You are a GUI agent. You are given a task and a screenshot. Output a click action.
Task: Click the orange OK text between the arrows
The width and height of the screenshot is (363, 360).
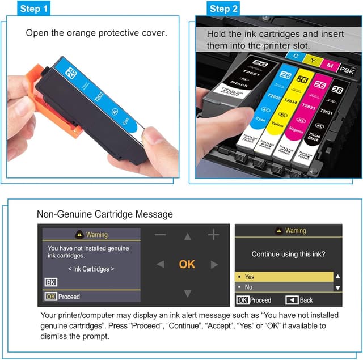187,264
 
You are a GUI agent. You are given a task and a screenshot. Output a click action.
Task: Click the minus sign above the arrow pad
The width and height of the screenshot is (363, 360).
161,234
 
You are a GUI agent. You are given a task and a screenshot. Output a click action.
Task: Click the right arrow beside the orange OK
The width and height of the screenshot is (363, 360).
214,264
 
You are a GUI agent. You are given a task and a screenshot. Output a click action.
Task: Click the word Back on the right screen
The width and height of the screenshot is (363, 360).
306,300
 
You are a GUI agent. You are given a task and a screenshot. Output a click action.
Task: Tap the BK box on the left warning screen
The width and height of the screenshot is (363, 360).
50,282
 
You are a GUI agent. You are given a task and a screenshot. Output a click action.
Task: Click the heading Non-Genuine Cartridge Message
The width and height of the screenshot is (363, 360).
105,214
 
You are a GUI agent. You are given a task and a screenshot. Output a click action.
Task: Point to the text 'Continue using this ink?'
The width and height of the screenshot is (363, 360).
289,255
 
